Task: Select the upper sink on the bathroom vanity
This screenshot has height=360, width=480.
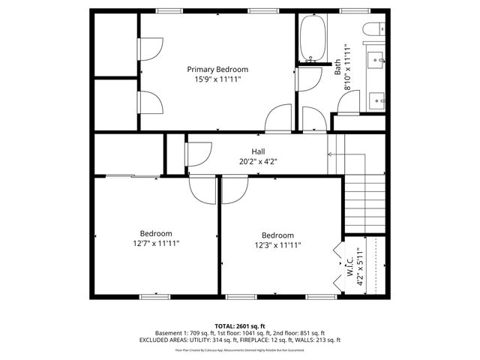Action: coord(376,58)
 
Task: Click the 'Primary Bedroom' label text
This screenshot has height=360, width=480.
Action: coord(217,69)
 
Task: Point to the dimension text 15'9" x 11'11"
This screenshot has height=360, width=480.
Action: coord(217,79)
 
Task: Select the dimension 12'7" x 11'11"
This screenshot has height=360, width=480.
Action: coord(156,243)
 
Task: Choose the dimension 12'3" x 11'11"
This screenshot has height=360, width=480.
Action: coord(277,244)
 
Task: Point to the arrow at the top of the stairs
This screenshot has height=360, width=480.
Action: coord(331,154)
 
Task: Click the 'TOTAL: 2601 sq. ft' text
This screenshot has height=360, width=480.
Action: coord(240,326)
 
